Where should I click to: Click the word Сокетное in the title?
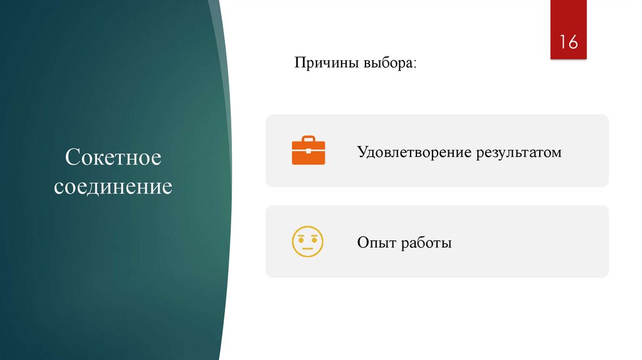[113, 157]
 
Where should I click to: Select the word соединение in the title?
[113, 186]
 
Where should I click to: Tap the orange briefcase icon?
[308, 150]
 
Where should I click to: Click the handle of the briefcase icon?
[308, 138]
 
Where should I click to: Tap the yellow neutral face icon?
[308, 241]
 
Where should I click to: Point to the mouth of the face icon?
[308, 248]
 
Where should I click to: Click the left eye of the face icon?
[302, 238]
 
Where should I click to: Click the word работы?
[427, 243]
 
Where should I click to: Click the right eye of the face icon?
[314, 238]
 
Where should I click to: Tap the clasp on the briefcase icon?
[308, 151]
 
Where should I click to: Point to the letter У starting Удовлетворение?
[362, 152]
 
